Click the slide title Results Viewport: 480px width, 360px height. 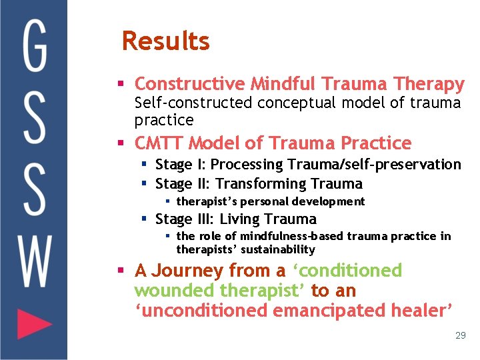(165, 41)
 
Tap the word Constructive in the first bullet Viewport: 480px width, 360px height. (190, 84)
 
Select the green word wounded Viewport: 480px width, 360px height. (175, 291)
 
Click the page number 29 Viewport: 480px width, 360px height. (460, 335)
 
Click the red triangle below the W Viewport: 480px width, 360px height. (33, 325)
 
